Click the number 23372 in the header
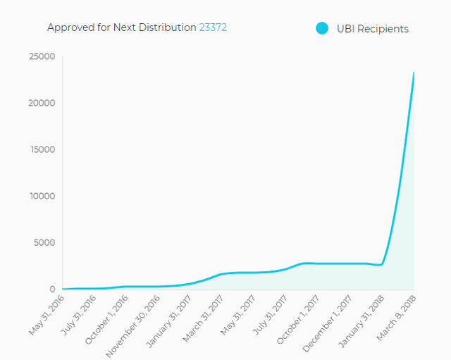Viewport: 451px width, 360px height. point(213,27)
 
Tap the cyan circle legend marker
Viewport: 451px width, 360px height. point(322,28)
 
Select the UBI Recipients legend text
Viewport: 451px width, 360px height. point(373,29)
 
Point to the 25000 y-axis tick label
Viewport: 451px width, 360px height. point(42,56)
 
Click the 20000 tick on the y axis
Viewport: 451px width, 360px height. point(42,103)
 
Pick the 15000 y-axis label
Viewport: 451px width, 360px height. point(42,149)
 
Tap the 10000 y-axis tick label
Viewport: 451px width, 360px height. point(42,196)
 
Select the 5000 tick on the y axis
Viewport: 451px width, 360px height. point(44,242)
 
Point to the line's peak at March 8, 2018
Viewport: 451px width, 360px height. point(414,73)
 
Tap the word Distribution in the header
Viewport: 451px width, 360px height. point(169,27)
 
